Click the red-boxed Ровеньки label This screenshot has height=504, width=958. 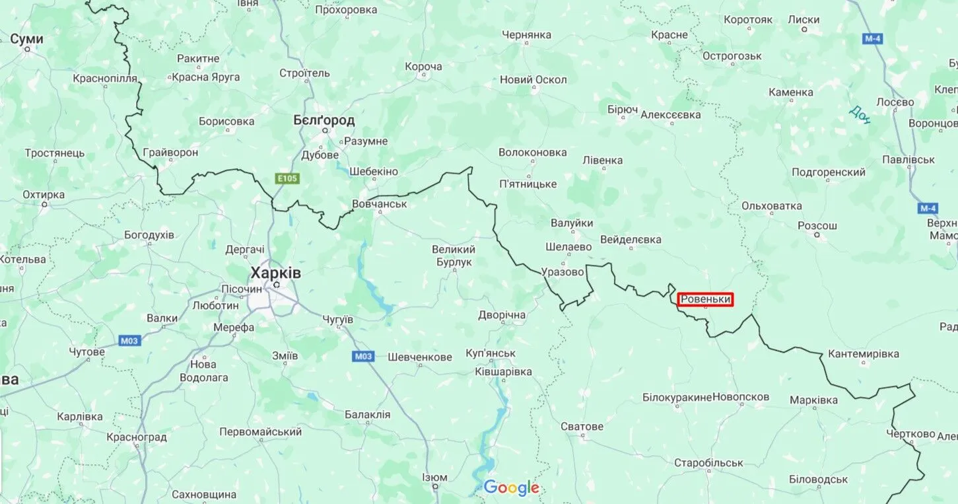tap(705, 300)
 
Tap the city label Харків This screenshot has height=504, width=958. tap(275, 273)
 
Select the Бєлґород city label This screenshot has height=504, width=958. tap(324, 120)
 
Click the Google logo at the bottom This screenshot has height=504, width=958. tap(511, 488)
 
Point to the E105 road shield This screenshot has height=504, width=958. tap(287, 178)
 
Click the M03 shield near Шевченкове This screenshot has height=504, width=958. tap(363, 356)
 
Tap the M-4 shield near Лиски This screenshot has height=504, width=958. tap(872, 39)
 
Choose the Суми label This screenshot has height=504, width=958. tap(27, 39)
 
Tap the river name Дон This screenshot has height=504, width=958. tap(860, 114)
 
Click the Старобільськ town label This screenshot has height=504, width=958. tap(708, 462)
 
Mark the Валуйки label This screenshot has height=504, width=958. tap(572, 223)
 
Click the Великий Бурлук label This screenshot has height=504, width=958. tap(454, 256)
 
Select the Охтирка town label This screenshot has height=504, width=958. tap(44, 195)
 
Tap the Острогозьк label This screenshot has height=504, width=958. tap(732, 56)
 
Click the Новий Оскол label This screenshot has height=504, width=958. tap(533, 80)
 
